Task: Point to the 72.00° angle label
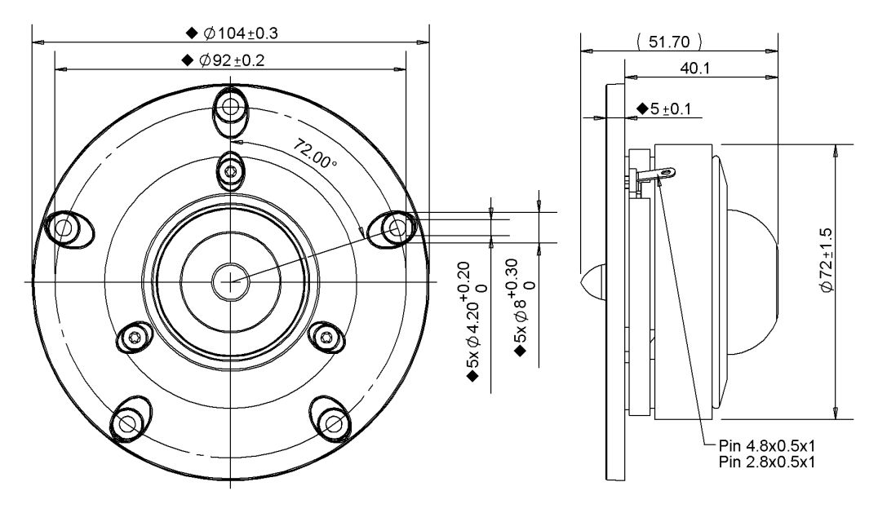pos(315,154)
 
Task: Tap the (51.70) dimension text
pos(669,42)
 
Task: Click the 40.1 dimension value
pos(695,68)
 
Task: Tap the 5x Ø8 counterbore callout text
pos(521,307)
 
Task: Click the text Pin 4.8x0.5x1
pos(766,446)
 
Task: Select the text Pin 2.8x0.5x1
pos(766,462)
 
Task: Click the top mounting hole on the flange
pos(230,106)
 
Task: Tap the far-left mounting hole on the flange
pos(64,227)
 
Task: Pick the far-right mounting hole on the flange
pos(397,227)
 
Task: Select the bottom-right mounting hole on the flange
pos(334,422)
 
